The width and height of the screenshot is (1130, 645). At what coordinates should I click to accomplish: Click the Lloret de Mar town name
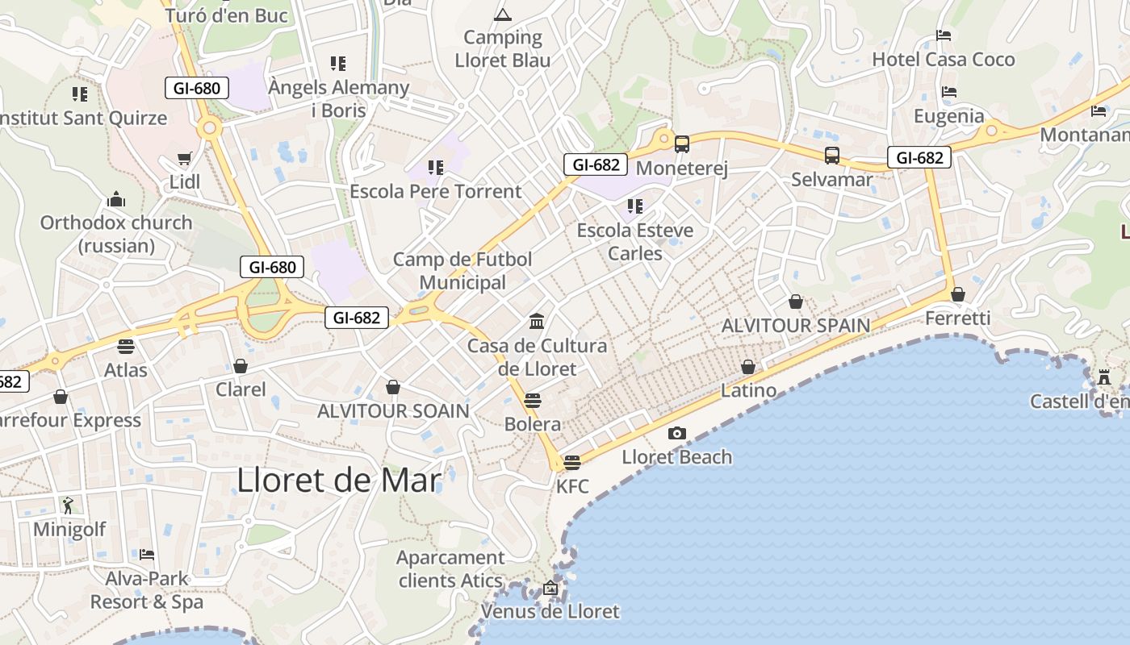pos(339,481)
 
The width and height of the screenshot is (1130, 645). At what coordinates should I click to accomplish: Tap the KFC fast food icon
pos(572,462)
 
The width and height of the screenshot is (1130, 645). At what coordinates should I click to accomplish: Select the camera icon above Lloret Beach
pos(677,433)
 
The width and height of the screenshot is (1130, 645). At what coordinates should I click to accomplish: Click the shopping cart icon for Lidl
pos(185,158)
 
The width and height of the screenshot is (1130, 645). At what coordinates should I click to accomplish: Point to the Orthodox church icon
pos(116,199)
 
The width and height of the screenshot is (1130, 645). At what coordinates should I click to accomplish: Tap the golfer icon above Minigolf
pos(68,506)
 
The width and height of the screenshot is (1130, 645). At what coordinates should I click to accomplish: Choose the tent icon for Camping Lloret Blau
pos(503,15)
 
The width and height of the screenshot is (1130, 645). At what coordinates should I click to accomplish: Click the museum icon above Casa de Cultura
pos(537,322)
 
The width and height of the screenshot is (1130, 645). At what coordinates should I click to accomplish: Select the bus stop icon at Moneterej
pos(682,144)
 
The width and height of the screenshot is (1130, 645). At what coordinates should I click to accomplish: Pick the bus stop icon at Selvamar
pos(832,156)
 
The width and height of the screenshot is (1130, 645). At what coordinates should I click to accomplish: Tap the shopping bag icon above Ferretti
pos(958,294)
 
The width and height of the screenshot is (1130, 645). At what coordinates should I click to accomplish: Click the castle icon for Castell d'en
pos(1104,377)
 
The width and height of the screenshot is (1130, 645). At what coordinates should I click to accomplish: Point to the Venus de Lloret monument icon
pos(550,588)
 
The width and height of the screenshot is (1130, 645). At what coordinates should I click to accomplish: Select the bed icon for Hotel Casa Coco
pos(944,35)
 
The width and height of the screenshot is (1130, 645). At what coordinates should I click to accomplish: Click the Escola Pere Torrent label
pos(436,192)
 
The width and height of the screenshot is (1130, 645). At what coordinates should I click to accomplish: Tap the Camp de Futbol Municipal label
pos(462,271)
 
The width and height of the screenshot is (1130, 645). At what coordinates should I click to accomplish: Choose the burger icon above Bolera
pos(532,400)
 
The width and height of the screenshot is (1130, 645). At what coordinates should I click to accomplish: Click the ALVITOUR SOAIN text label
pos(393,411)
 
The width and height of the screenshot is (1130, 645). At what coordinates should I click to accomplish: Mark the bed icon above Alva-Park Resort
pos(147,555)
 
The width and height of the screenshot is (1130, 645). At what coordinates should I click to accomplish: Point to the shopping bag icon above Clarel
pos(241,366)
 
